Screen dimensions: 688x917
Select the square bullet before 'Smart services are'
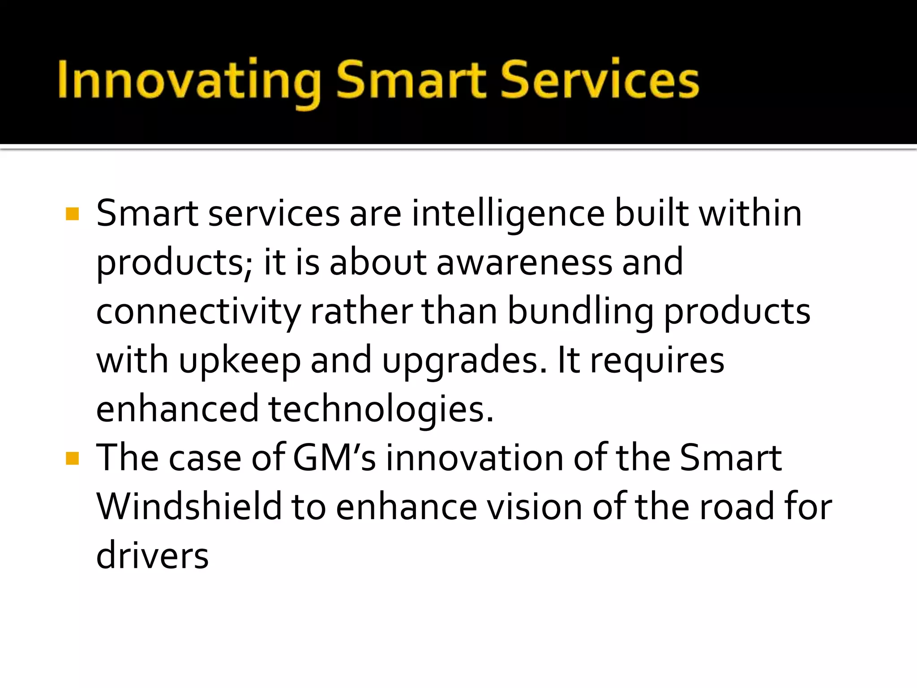pos(72,214)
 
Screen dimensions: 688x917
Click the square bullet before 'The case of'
pos(72,458)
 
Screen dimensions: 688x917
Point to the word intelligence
pos(508,214)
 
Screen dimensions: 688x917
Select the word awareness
pos(524,262)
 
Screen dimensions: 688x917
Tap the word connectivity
pos(198,312)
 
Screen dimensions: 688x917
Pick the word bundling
pos(580,312)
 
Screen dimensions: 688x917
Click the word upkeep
pos(240,361)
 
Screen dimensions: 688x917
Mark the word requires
pos(657,361)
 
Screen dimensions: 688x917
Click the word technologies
pos(381,409)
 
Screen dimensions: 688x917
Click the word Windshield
pos(189,507)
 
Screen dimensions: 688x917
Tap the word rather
pos(361,312)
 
